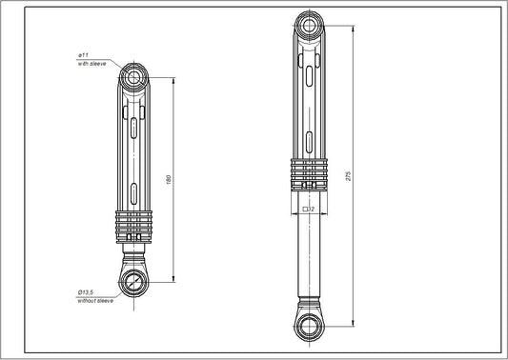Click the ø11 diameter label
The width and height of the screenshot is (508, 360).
[x=83, y=57]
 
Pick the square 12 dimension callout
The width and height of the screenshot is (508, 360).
[x=308, y=207]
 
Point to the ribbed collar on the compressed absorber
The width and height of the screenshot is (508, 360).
[x=135, y=226]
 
